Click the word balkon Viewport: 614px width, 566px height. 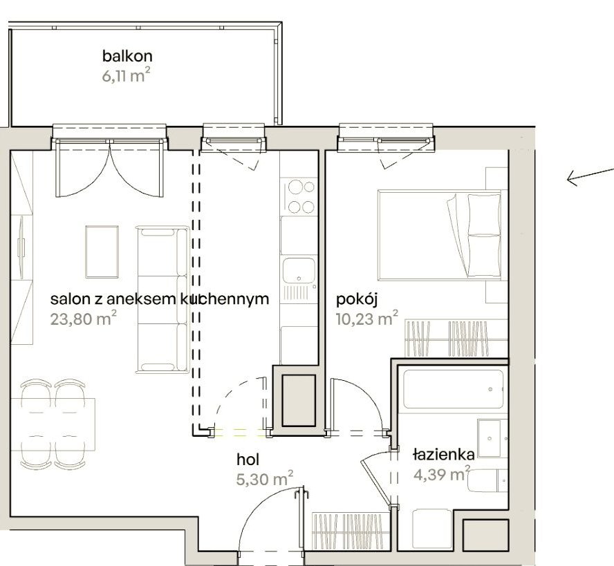point(127,56)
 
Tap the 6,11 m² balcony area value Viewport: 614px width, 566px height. point(127,75)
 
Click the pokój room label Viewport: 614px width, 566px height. point(356,299)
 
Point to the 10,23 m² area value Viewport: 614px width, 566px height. point(367,319)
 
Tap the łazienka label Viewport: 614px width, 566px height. point(443,455)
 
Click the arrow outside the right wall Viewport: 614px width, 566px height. point(589,177)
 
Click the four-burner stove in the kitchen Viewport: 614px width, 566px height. point(299,196)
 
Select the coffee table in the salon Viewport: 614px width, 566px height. point(102,251)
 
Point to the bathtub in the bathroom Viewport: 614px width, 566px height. point(453,390)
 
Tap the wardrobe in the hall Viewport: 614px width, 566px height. point(348,530)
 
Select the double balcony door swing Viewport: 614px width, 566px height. point(111,169)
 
